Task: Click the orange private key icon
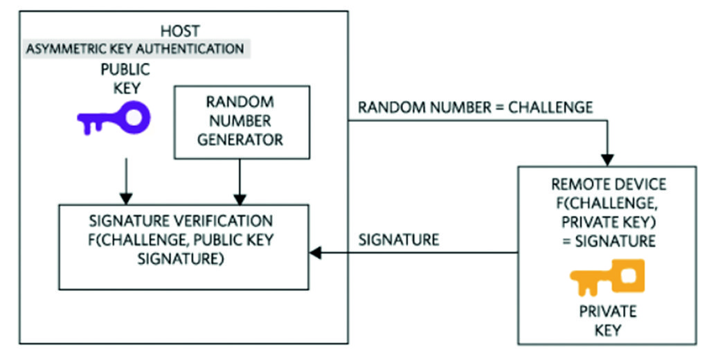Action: click(x=607, y=278)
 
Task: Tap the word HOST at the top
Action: click(x=181, y=31)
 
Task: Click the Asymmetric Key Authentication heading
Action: click(x=135, y=49)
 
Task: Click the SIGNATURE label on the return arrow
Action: click(x=398, y=240)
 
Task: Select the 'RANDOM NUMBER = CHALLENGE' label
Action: click(x=475, y=107)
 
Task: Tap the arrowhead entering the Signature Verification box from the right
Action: click(x=316, y=253)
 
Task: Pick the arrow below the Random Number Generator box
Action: click(x=240, y=181)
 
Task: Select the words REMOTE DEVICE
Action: click(x=608, y=184)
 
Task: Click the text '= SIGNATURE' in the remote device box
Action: click(x=607, y=242)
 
